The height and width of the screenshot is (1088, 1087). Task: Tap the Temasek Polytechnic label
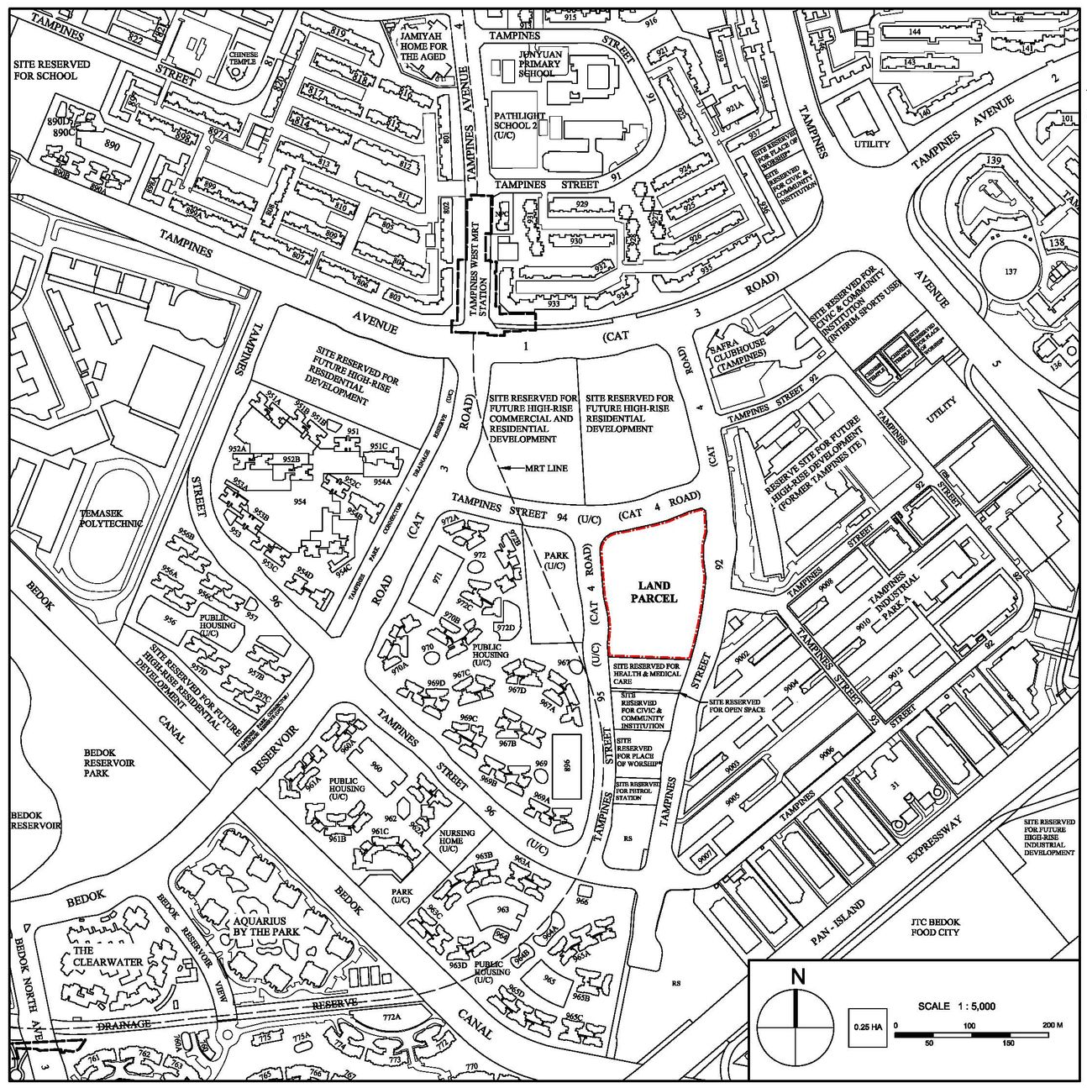pyautogui.click(x=111, y=518)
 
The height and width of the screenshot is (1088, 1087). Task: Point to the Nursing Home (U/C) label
pyautogui.click(x=456, y=841)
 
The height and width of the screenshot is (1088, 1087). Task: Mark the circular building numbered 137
pyautogui.click(x=1011, y=271)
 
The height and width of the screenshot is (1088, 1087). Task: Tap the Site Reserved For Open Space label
pyautogui.click(x=735, y=706)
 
